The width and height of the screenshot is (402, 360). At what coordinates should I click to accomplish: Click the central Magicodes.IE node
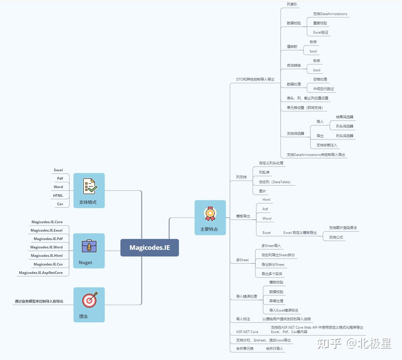(x=150, y=248)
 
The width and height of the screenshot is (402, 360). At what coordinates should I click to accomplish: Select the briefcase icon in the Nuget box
(x=89, y=246)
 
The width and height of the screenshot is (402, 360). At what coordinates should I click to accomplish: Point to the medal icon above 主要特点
(x=210, y=214)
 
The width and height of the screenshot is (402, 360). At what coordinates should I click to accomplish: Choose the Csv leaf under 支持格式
(x=60, y=204)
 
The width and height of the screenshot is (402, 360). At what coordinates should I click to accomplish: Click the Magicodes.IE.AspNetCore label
(x=41, y=273)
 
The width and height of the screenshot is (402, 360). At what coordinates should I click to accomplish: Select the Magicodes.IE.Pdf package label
(x=48, y=239)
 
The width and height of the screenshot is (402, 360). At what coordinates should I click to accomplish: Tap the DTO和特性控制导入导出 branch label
(x=255, y=79)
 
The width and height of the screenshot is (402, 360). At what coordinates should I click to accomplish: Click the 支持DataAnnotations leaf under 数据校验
(x=330, y=14)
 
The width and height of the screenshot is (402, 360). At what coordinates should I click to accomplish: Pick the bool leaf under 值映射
(x=313, y=51)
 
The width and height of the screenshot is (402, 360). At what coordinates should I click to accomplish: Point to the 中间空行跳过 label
(x=323, y=89)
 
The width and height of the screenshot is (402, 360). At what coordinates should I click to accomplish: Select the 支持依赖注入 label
(x=327, y=145)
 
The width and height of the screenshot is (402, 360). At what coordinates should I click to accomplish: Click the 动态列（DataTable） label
(x=274, y=182)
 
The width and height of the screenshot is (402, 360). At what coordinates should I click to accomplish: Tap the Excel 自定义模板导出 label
(x=300, y=233)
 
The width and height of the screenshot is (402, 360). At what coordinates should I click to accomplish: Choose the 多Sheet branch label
(x=242, y=260)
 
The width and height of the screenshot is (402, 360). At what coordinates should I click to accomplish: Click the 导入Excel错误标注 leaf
(x=283, y=310)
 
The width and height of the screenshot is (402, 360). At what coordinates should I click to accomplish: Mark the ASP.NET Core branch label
(x=247, y=332)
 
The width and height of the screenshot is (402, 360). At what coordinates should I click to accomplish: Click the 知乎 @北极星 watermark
(x=354, y=344)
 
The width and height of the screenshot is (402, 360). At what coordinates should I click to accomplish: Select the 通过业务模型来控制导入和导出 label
(x=39, y=301)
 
